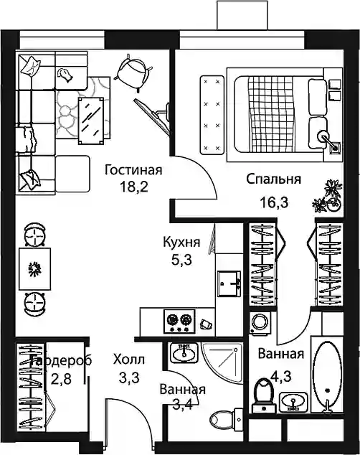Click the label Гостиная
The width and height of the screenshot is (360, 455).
click(x=133, y=170)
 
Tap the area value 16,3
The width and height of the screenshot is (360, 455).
click(x=274, y=202)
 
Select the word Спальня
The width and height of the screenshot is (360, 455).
click(x=274, y=179)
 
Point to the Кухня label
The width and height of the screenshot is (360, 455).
click(x=181, y=242)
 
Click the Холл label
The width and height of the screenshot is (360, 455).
click(x=129, y=360)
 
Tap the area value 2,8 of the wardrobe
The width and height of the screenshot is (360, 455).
click(x=61, y=379)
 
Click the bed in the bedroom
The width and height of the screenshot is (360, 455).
click(x=285, y=115)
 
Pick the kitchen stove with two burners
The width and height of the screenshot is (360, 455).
click(x=179, y=321)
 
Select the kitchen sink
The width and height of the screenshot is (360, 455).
click(x=229, y=283)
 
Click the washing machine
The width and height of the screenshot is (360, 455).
click(x=260, y=324)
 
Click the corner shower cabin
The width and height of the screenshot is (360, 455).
click(x=222, y=362)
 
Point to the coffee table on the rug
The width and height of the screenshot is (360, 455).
click(x=91, y=121)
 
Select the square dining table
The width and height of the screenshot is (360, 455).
click(x=35, y=268)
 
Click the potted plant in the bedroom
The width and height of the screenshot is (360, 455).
click(x=328, y=197)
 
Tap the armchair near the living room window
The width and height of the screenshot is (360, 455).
click(x=133, y=73)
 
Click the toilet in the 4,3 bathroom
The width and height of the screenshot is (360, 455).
click(x=263, y=395)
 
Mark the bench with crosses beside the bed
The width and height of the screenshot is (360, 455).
click(x=212, y=115)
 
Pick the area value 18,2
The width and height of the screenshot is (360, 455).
click(x=134, y=187)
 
